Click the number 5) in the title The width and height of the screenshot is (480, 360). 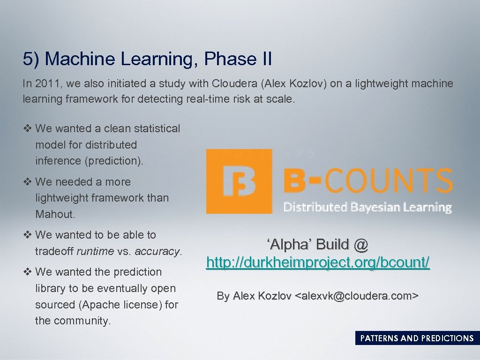31,60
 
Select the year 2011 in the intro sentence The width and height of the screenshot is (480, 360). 48,84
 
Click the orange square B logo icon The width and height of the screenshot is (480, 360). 239,181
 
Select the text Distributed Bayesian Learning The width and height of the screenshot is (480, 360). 367,207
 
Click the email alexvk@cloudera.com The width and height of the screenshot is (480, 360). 356,296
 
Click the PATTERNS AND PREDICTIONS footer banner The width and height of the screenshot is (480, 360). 417,338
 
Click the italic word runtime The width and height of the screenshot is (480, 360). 95,251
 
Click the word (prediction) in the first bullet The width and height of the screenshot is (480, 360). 113,161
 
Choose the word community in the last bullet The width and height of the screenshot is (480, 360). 82,321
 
